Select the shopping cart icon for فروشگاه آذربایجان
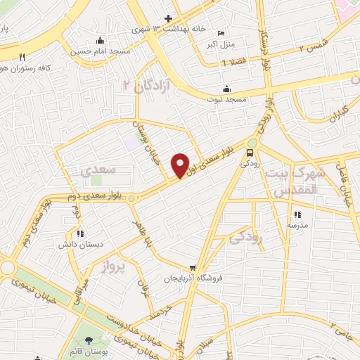[x=193, y=267]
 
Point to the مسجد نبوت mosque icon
[x=226, y=89]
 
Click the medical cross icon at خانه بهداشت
[x=168, y=18]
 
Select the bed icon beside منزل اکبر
[x=221, y=33]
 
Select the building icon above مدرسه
[x=297, y=214]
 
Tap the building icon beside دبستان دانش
[x=79, y=233]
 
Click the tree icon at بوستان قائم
[x=87, y=342]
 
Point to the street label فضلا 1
[x=233, y=63]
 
